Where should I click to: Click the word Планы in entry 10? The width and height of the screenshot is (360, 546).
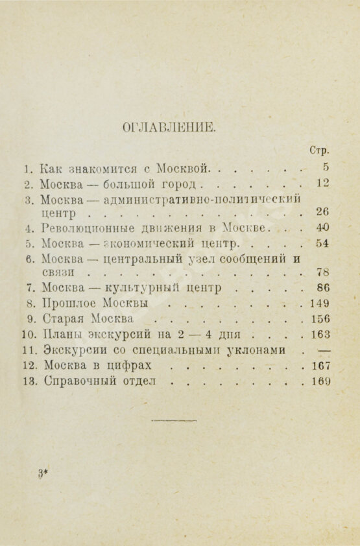(60, 335)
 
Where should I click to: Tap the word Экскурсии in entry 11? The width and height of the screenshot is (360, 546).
(71, 350)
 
